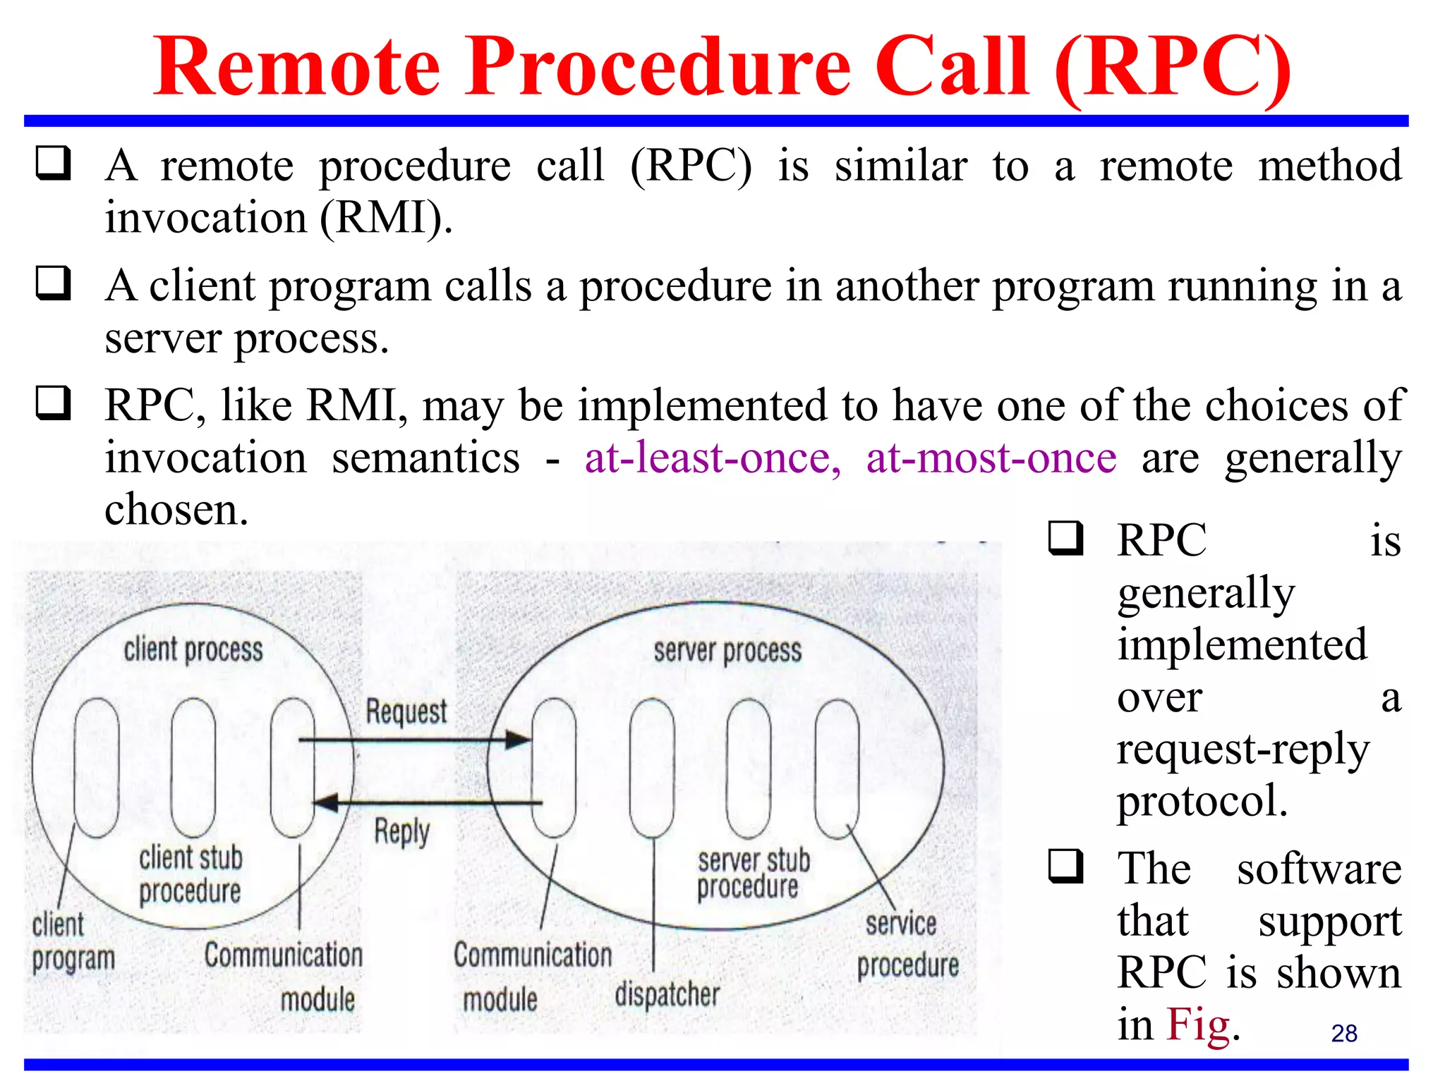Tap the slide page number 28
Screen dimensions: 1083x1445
[1343, 1033]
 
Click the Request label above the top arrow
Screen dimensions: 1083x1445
[406, 711]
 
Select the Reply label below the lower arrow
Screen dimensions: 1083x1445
[401, 832]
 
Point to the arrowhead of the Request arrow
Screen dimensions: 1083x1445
[520, 740]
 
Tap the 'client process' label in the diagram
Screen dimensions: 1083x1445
[193, 649]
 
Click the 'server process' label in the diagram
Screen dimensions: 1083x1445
[727, 651]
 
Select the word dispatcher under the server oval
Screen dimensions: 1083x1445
[667, 994]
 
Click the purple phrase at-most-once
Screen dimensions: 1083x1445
[991, 458]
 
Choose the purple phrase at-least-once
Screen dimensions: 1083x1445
[713, 458]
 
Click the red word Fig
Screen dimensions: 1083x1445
[1197, 1024]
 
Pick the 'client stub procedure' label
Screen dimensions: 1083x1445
[190, 874]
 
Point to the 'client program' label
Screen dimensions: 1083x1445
[72, 941]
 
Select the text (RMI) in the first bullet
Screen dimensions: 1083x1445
[385, 217]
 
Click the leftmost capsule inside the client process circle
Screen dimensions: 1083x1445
[97, 767]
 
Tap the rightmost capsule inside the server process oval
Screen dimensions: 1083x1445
[837, 768]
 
